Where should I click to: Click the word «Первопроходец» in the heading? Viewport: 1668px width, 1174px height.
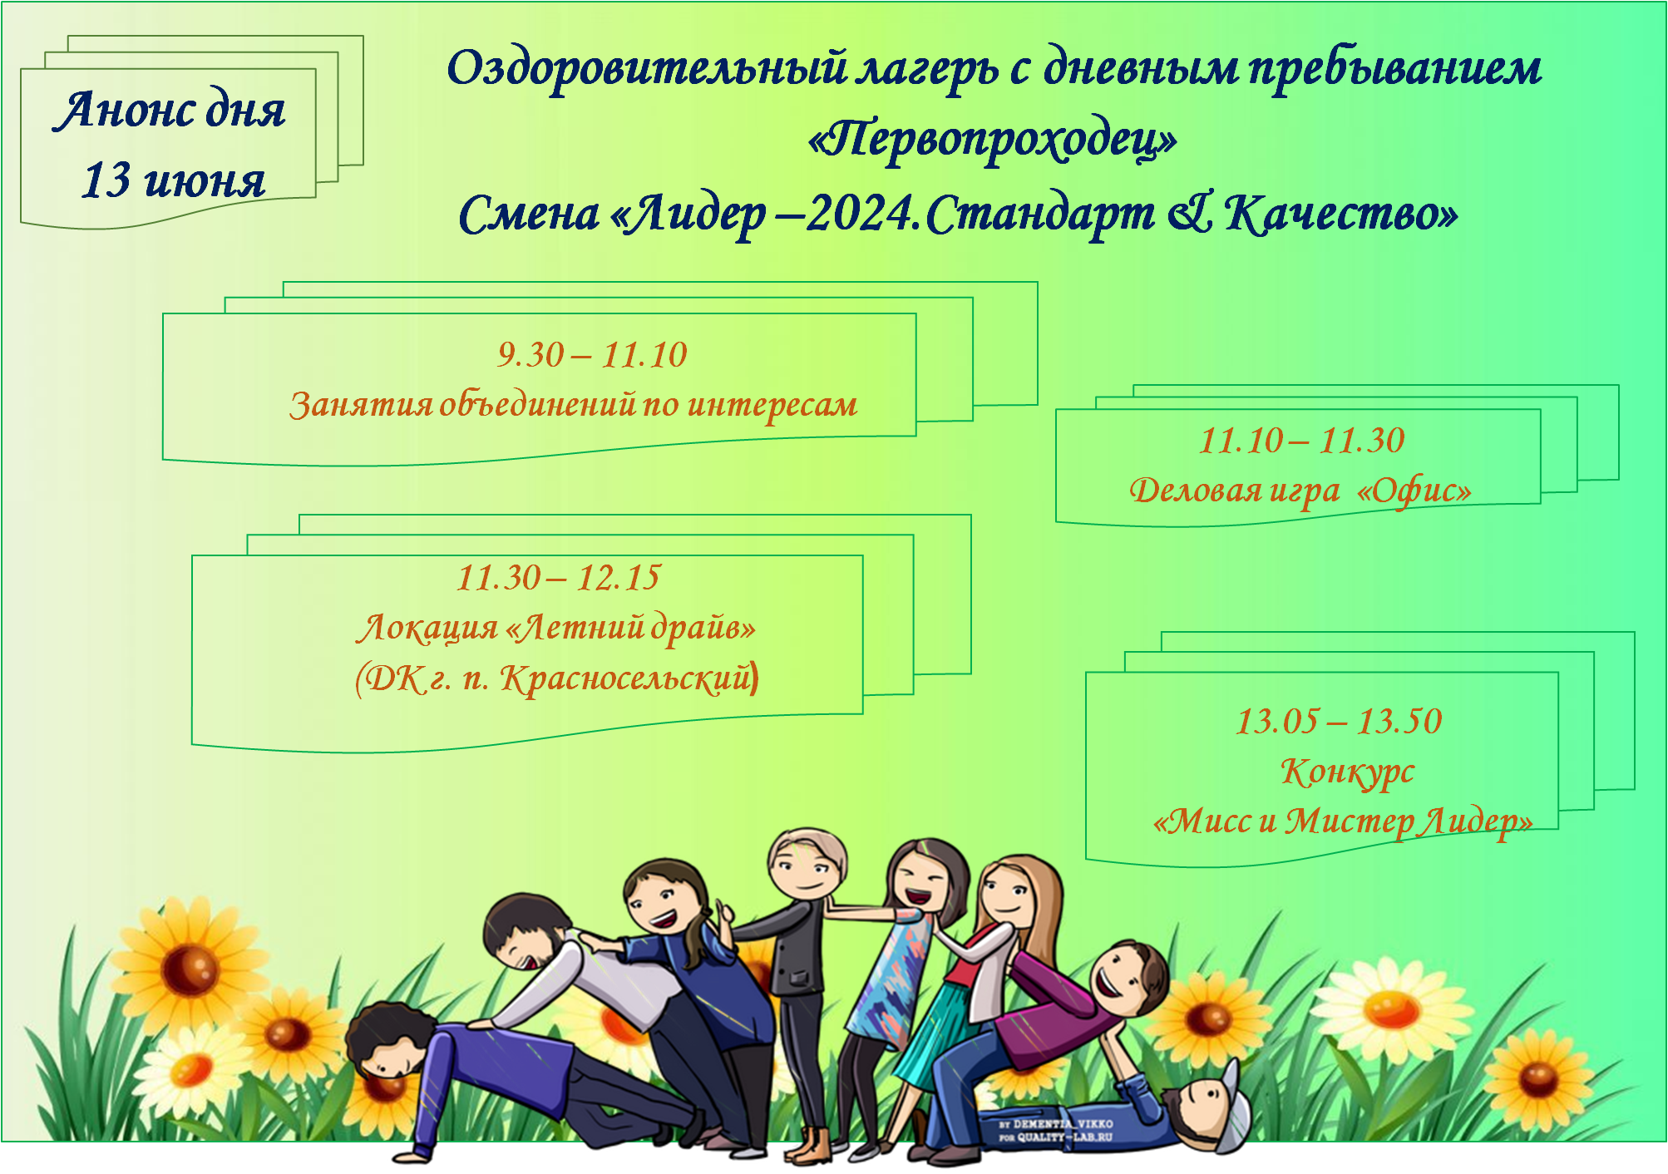(992, 140)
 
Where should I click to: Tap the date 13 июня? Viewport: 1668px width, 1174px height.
(174, 180)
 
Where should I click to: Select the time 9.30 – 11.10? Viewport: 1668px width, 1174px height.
(592, 355)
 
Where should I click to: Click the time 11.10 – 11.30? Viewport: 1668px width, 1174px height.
(1302, 441)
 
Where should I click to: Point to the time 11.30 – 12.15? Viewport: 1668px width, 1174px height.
(559, 578)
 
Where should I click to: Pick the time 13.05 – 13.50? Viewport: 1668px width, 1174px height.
(1339, 721)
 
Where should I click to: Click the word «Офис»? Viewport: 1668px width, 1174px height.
(1414, 491)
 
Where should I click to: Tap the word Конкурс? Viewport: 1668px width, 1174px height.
(1347, 772)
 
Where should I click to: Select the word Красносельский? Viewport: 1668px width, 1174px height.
(629, 678)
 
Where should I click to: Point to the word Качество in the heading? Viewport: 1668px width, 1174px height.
(1340, 214)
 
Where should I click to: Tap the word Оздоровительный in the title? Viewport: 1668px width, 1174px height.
(648, 68)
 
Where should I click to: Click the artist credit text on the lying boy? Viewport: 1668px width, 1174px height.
(1056, 1130)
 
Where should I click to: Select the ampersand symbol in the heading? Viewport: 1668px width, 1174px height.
(1190, 215)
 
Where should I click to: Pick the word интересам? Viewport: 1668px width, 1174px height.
(772, 406)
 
